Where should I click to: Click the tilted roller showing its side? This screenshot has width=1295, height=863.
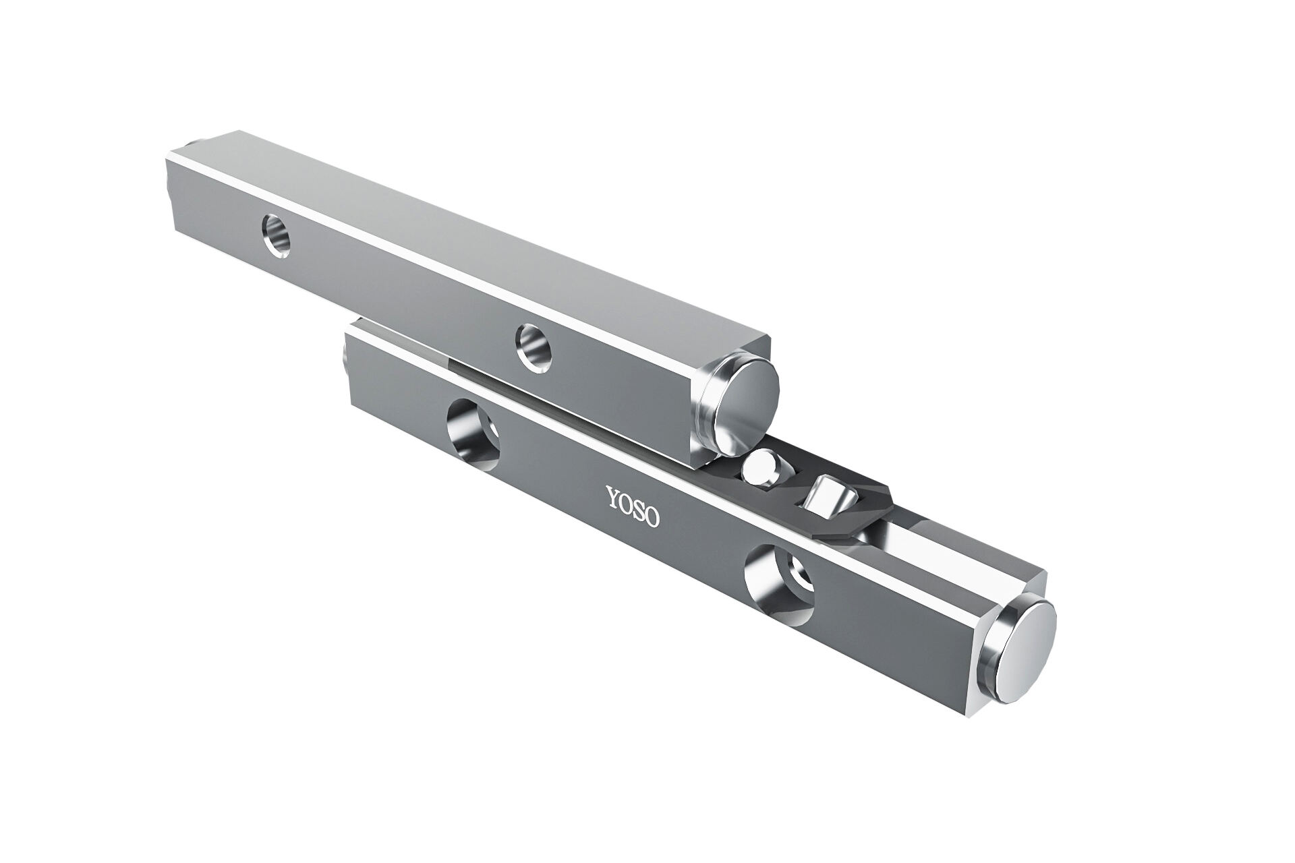pyautogui.click(x=828, y=498)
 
